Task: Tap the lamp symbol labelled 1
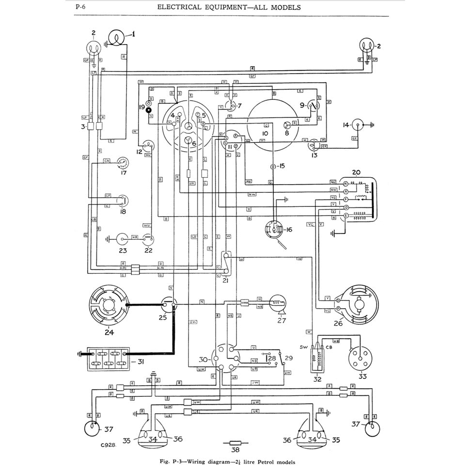(x=116, y=37)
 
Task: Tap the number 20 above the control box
(x=356, y=172)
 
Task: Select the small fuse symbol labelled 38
(x=235, y=442)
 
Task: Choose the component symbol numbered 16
(x=274, y=229)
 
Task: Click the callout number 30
(x=204, y=360)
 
